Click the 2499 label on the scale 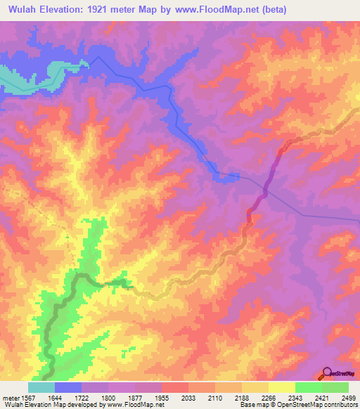[x=349, y=398]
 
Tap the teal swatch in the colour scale [x=41, y=387]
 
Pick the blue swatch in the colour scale [x=68, y=387]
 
